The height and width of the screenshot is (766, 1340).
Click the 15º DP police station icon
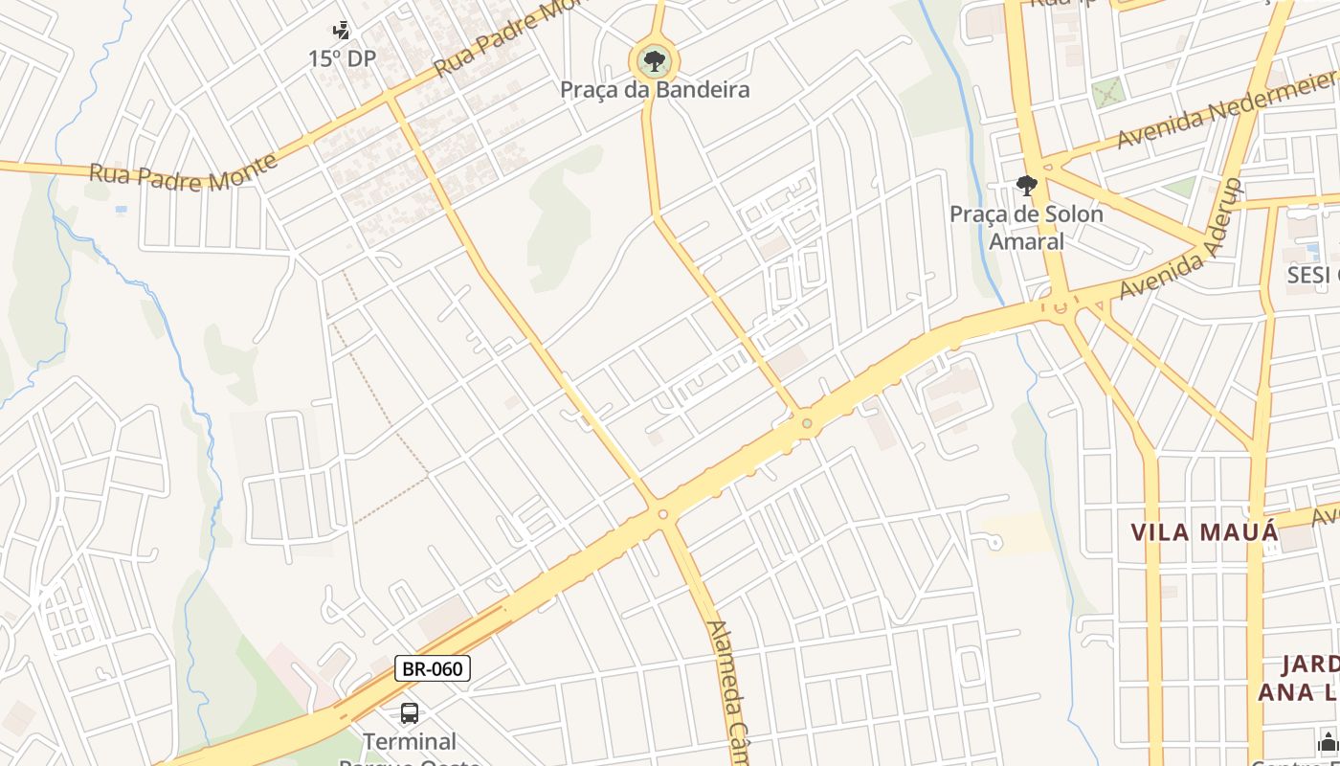point(342,31)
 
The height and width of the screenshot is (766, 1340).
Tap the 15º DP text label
point(342,58)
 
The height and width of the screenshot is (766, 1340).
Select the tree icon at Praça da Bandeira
point(655,62)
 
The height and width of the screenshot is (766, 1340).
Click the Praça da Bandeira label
point(655,90)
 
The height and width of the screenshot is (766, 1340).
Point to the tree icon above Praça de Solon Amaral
point(1027,185)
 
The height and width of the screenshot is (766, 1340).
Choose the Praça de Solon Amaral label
point(1027,227)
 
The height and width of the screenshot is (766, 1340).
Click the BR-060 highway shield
point(433,668)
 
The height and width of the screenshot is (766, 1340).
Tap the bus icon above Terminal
point(410,713)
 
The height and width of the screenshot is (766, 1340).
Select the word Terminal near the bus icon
point(410,741)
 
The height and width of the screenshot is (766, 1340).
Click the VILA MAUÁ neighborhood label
point(1204,532)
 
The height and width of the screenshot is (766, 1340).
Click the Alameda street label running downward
point(726,689)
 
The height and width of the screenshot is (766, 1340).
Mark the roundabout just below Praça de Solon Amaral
point(1060,306)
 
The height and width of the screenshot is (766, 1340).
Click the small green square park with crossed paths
point(1107,93)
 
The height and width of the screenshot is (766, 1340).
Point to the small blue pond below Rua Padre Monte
point(121,208)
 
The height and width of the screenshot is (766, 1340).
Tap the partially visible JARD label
point(1308,665)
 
